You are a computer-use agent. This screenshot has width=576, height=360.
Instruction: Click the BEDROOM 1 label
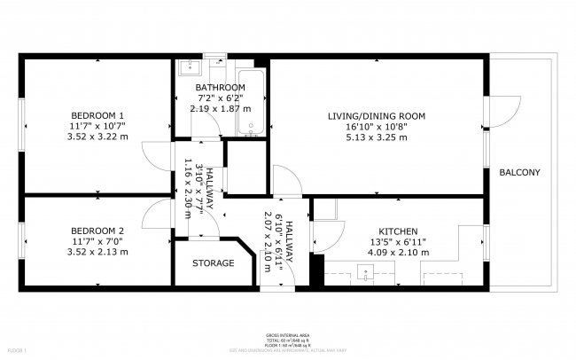pos(97,115)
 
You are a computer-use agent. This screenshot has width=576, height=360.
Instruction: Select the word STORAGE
pos(214,263)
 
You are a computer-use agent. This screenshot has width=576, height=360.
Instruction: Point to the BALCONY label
pos(519,172)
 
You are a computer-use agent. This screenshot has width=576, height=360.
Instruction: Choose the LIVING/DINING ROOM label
pos(377,116)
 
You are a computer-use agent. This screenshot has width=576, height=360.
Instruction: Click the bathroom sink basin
pos(190,67)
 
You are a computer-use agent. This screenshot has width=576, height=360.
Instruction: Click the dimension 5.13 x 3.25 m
pos(377,137)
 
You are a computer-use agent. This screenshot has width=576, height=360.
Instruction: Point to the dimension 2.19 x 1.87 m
pos(220,108)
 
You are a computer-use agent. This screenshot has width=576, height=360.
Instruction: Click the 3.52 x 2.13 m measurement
pos(97,252)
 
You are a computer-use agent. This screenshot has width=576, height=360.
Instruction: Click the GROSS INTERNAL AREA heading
pos(287,336)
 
